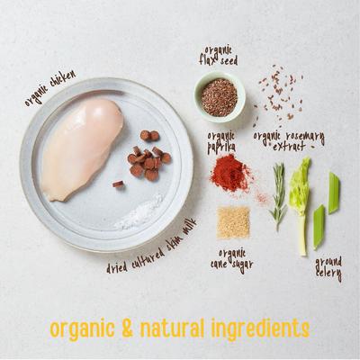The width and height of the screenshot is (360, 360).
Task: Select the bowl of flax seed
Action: tap(219, 97)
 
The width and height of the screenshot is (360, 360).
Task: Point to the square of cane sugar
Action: tap(233, 221)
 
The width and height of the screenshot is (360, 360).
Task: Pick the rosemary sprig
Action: tap(278, 193)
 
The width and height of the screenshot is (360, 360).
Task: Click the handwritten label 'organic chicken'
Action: tap(49, 88)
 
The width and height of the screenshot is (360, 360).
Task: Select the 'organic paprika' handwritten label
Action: tap(221, 141)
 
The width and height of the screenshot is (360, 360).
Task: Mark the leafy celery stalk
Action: tap(299, 198)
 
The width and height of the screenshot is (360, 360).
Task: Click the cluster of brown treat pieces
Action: tap(148, 156)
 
